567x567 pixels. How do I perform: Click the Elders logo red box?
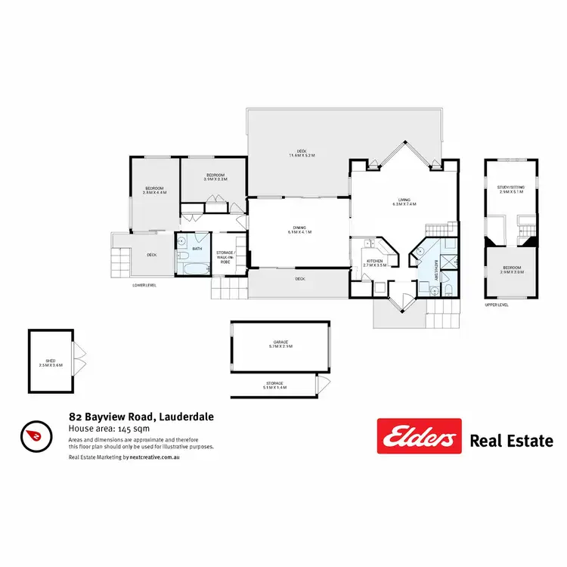point(419,436)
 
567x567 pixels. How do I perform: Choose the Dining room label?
point(299,230)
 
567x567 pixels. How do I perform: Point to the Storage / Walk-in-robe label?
point(225,257)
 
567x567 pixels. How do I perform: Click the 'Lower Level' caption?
point(144,285)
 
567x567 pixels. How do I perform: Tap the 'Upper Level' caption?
point(497,305)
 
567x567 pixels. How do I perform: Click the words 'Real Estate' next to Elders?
point(512,440)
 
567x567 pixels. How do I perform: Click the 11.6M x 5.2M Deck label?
point(301,153)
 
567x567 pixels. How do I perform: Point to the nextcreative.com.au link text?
point(160,457)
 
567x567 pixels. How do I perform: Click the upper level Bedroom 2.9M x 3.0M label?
point(511,269)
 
